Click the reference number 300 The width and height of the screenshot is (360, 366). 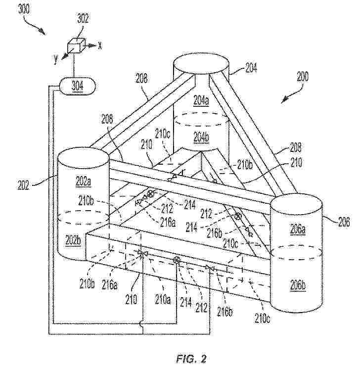[x=24, y=9]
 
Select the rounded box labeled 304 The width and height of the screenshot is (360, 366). [x=78, y=86]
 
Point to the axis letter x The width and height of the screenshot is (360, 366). [x=100, y=46]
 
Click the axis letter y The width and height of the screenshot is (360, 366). [x=56, y=59]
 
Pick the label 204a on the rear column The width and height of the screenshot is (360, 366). [x=202, y=100]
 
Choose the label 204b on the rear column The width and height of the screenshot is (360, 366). [x=201, y=137]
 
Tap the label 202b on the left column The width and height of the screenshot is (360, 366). [x=73, y=240]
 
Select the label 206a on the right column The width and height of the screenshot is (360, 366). [x=298, y=229]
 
